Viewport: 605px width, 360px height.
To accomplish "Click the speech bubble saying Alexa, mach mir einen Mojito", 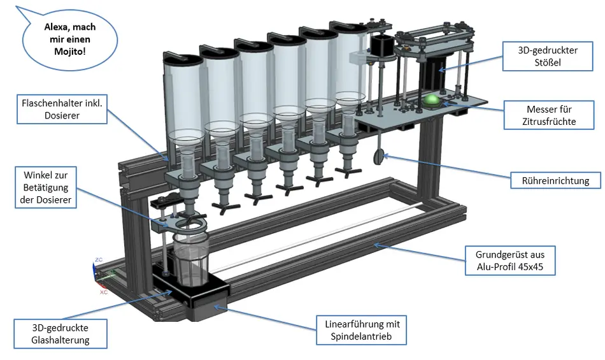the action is point(69,40).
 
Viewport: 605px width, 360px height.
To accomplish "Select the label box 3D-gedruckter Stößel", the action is point(548,56).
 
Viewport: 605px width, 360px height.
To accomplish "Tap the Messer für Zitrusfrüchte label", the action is point(549,115).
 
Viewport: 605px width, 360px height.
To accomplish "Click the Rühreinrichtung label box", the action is point(555,180).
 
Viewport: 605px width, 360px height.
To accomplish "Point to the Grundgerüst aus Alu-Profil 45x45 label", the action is point(510,261).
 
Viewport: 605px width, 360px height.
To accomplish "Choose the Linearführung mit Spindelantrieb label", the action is point(362,330).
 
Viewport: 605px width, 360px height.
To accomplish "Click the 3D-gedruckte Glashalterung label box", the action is point(60,334).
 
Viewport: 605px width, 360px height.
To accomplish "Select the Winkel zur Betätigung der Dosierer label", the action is point(46,187).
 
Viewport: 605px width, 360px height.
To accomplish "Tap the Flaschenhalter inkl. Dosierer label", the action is point(62,109).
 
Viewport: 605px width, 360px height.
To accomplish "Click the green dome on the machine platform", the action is point(432,100).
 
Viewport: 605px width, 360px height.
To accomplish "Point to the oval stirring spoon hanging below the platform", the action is point(378,157).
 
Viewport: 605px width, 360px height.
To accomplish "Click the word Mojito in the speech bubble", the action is point(70,52).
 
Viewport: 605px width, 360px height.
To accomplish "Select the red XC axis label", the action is point(104,292).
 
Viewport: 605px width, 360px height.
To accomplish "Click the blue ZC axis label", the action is point(99,260).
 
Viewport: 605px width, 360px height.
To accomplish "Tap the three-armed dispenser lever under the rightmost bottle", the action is point(348,171).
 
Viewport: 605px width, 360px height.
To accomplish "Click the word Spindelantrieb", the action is point(361,336).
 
